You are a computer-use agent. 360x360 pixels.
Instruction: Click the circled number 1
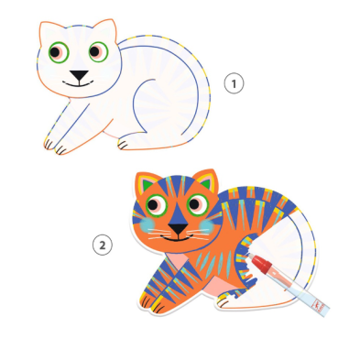click(x=235, y=83)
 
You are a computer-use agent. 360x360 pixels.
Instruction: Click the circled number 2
click(x=103, y=245)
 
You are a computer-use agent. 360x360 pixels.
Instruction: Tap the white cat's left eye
click(x=59, y=52)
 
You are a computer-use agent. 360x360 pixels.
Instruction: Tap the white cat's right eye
click(x=98, y=51)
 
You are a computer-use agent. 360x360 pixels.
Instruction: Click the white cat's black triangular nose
click(x=79, y=75)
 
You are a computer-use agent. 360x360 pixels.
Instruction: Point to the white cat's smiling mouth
click(x=78, y=83)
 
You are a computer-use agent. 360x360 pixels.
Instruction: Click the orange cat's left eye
click(x=156, y=205)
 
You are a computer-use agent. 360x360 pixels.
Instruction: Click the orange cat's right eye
click(x=198, y=204)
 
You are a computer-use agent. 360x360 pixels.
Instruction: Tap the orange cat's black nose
click(x=179, y=228)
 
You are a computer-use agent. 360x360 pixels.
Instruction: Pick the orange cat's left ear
click(x=147, y=183)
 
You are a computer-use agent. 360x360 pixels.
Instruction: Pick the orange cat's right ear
click(x=206, y=180)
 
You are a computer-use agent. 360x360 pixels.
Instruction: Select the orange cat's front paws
click(x=151, y=302)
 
